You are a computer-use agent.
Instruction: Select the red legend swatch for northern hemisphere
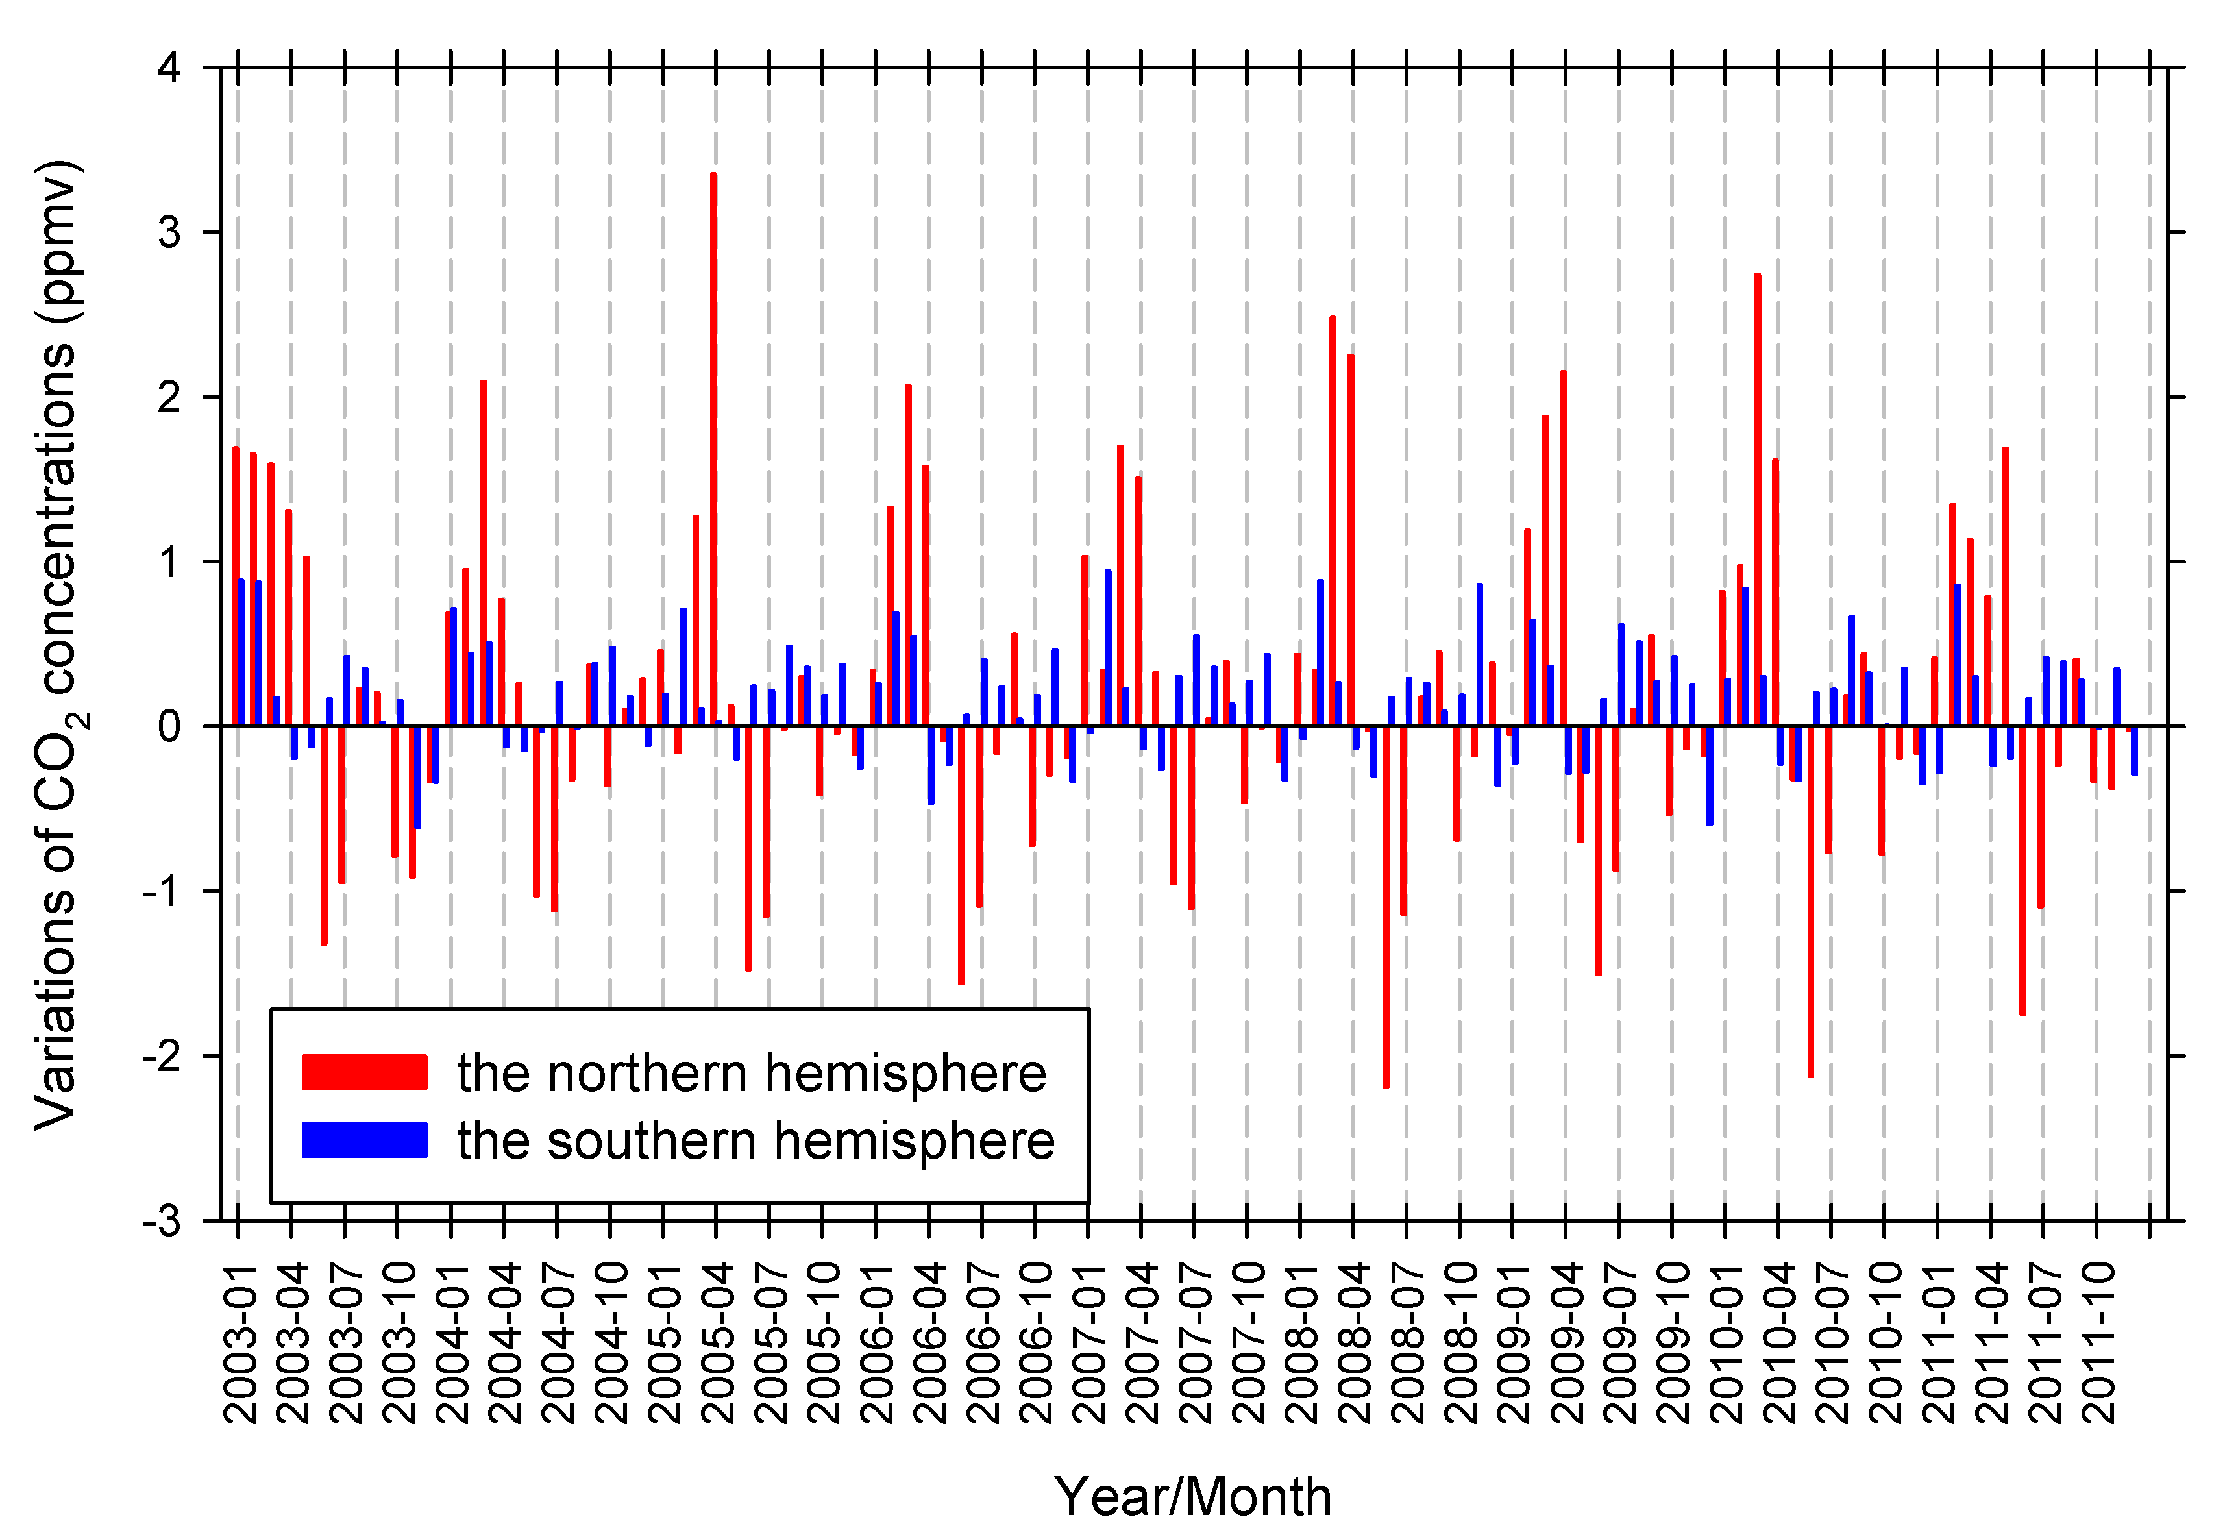click(x=364, y=1072)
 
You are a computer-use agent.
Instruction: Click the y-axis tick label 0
click(x=169, y=726)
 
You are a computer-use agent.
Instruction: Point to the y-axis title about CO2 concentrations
click(x=58, y=644)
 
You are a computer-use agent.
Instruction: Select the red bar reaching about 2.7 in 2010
click(x=1758, y=502)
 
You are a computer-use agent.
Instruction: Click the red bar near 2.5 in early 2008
click(x=1333, y=521)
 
